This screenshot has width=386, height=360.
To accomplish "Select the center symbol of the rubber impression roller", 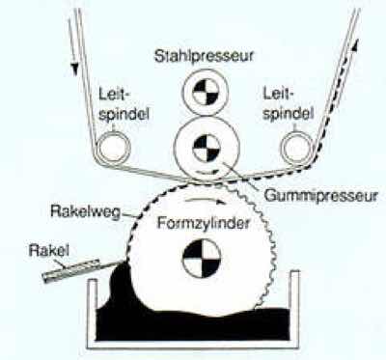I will pyautogui.click(x=204, y=148).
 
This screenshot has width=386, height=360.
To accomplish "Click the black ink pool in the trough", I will pyautogui.click(x=193, y=323).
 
